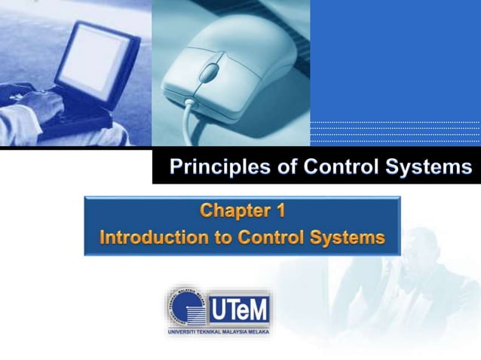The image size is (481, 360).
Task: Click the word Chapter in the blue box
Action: coord(234,209)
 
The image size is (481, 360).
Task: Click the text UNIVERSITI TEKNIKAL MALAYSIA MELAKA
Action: coord(218,331)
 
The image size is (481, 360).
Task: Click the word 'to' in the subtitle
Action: coord(223,238)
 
